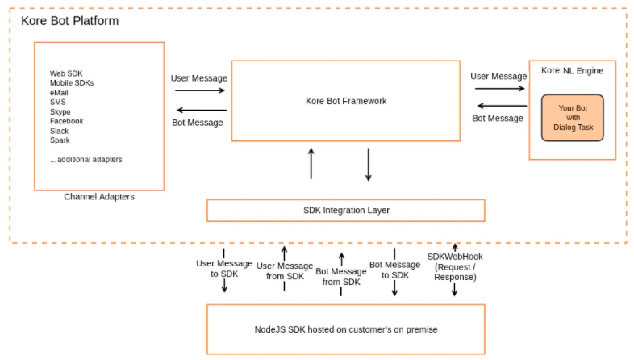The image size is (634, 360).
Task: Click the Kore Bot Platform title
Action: point(69,20)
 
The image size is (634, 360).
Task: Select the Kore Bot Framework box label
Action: point(345,101)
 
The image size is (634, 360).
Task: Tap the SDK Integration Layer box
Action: point(345,210)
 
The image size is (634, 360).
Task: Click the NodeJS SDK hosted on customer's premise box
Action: point(345,329)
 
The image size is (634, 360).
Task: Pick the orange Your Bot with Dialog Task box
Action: point(572,118)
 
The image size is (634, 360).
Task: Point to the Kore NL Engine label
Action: point(572,71)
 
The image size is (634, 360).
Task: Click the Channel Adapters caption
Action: point(98,196)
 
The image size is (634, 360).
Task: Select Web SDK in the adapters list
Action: point(67,73)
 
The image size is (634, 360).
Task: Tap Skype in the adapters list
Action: point(60,111)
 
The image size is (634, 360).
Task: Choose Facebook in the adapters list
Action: point(66,121)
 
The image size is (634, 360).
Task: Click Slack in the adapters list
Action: point(59,131)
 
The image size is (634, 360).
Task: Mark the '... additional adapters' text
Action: point(86,159)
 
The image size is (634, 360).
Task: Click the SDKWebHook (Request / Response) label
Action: point(455,266)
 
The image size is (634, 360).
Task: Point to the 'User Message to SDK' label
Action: point(224,268)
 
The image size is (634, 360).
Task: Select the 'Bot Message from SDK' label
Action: point(341,276)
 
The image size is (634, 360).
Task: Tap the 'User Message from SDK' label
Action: point(284,270)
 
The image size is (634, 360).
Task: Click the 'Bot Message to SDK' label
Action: point(394,270)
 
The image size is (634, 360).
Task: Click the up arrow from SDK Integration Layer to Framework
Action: point(311,163)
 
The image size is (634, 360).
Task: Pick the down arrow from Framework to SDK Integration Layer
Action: point(369,164)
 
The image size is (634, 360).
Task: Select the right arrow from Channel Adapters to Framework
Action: point(199,90)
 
